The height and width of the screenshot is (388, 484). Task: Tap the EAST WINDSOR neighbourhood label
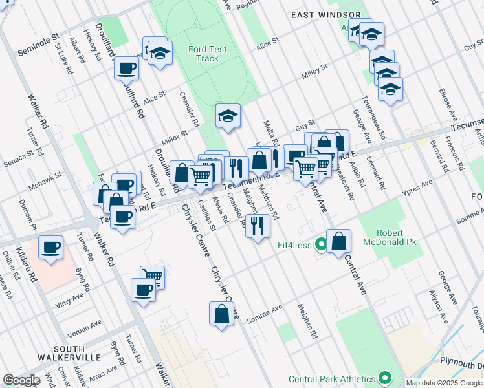tap(325, 14)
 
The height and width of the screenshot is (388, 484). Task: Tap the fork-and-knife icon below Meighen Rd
tap(258, 226)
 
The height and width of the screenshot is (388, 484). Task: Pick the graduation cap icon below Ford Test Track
tap(228, 116)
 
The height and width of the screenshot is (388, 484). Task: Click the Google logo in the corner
tap(21, 380)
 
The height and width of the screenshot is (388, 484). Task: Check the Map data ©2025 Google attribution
tap(445, 383)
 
